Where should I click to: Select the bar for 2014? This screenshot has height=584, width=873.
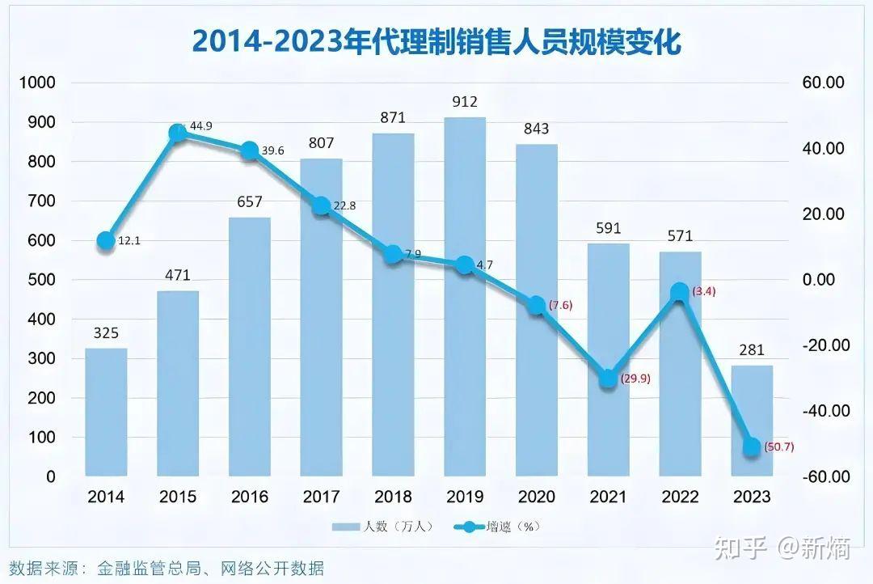point(106,413)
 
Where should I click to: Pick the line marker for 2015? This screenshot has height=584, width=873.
point(178,133)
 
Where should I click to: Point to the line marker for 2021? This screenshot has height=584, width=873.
point(609,379)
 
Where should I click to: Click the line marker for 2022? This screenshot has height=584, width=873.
point(680,293)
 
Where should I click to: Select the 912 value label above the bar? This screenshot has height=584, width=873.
point(465,102)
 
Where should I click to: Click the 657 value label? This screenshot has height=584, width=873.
point(249,202)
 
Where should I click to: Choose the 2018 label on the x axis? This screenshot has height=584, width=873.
point(393,497)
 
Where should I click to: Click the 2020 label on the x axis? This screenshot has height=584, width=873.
point(537,497)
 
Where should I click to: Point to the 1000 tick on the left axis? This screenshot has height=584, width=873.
point(39,83)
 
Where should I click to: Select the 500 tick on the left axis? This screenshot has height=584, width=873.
point(39,280)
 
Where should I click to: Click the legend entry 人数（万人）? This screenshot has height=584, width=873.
point(382,527)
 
